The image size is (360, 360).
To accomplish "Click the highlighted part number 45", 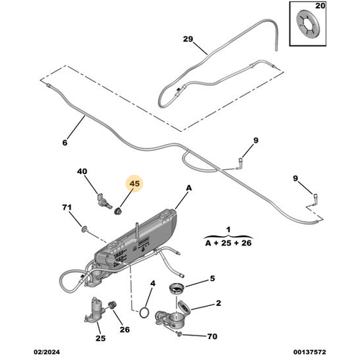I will (134, 184).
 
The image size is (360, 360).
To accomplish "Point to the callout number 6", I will (63, 143).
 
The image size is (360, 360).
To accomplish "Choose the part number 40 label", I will (82, 171).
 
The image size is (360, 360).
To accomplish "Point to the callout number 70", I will (211, 336).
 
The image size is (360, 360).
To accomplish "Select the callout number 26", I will (125, 330).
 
